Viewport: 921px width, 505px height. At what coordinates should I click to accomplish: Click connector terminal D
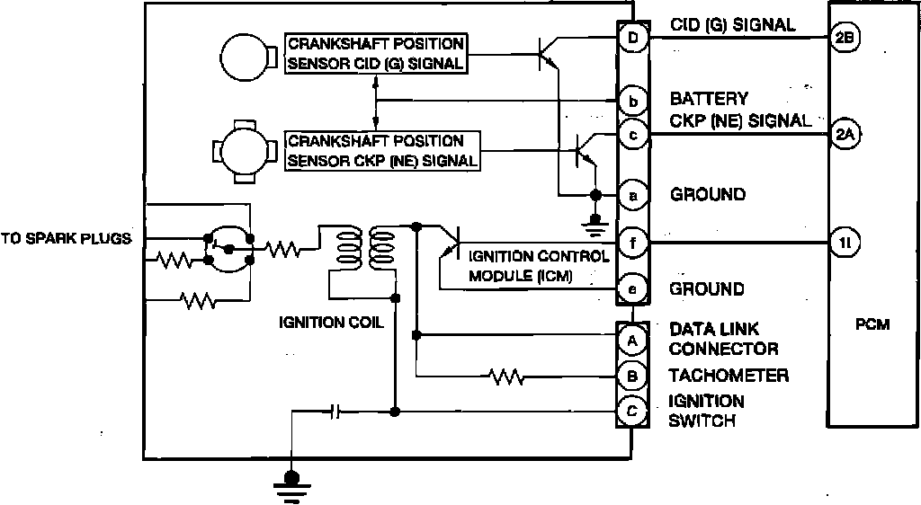pos(632,38)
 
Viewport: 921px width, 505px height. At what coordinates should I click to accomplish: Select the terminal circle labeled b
pos(632,102)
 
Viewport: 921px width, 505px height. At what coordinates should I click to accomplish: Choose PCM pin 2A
pos(845,134)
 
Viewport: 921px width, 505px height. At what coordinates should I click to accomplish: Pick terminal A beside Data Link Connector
pos(632,341)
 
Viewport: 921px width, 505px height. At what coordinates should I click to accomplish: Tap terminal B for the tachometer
pos(632,376)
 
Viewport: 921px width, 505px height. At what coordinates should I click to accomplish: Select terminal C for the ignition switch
pos(632,412)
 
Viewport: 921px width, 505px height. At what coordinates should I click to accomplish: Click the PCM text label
pos(872,324)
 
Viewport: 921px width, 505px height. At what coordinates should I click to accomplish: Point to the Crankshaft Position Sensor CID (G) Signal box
pos(376,53)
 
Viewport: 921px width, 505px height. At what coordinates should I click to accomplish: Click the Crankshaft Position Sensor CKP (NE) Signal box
pos(382,151)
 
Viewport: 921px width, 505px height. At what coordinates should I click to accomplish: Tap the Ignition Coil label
pos(331,322)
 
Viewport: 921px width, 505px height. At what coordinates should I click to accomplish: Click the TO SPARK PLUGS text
pos(66,239)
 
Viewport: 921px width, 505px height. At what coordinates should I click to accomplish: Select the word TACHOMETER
pos(729,376)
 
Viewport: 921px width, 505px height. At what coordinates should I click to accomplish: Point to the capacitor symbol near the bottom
pos(335,412)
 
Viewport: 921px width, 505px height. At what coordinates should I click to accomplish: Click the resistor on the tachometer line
pos(506,377)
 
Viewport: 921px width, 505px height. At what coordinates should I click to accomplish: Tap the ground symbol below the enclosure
pos(291,485)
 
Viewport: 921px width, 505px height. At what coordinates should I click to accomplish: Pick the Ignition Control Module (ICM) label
pos(539,266)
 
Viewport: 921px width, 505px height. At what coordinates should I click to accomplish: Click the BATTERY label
pos(709,99)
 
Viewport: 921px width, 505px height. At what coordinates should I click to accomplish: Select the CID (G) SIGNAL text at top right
pos(733,25)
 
